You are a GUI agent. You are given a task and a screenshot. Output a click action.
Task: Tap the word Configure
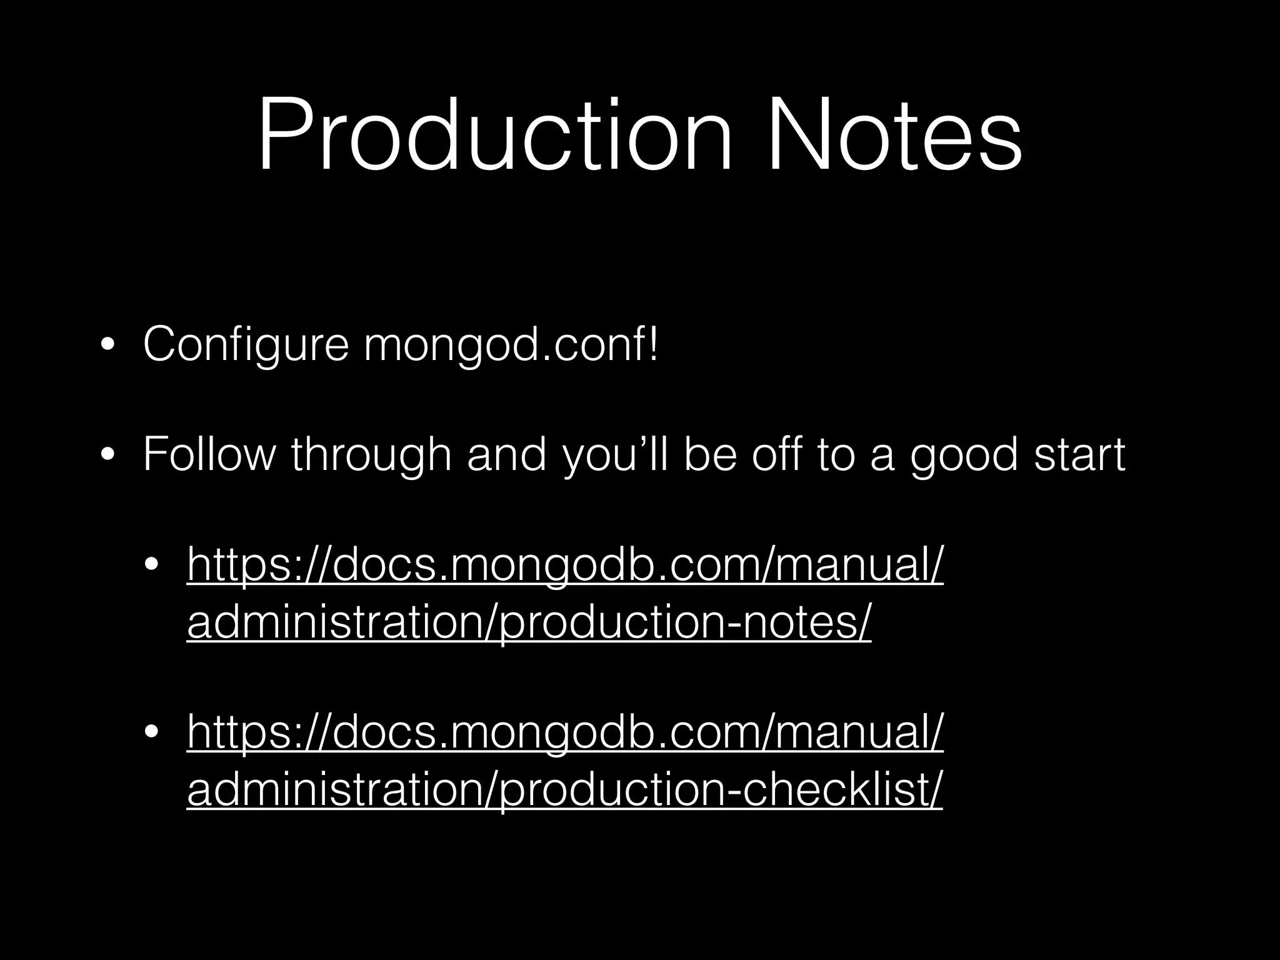[x=246, y=345]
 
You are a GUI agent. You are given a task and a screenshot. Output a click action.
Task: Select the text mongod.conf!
[x=511, y=345]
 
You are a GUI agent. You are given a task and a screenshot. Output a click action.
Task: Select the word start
[x=1080, y=454]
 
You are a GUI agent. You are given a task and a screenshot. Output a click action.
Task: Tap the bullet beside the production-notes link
[x=151, y=566]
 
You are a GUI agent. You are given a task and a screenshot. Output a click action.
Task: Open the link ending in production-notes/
[x=529, y=622]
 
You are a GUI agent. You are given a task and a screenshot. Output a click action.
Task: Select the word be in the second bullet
[x=709, y=454]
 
